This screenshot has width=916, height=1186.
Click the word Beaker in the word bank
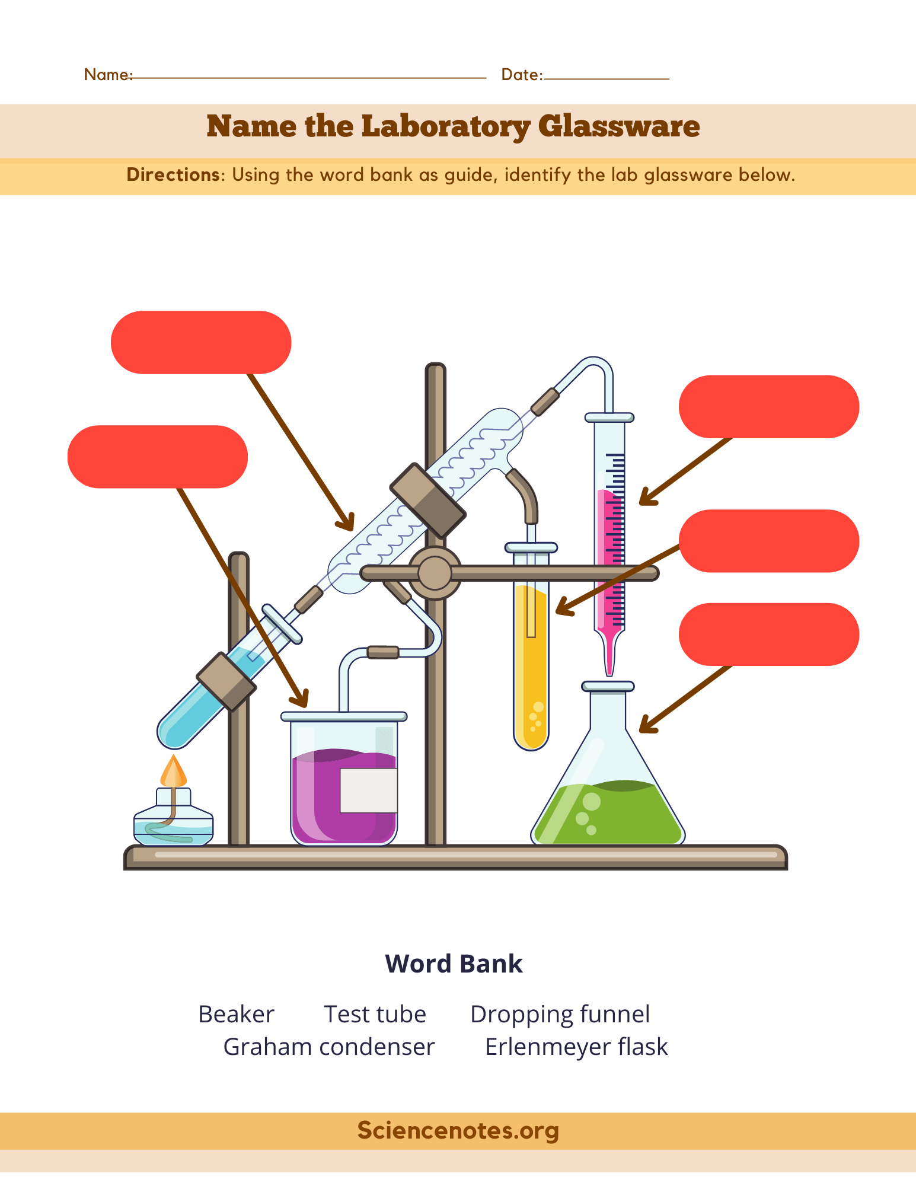(x=236, y=1014)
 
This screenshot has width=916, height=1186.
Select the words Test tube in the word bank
(x=375, y=1014)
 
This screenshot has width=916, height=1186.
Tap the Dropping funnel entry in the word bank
(x=560, y=1014)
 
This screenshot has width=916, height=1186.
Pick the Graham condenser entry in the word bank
(x=328, y=1047)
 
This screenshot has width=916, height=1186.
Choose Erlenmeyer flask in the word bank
(x=576, y=1047)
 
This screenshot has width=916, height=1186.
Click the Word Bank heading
(x=454, y=964)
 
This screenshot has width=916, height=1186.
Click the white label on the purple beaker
(x=368, y=790)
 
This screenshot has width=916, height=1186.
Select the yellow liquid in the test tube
(x=531, y=670)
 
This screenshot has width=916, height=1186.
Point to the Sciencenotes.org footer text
(x=458, y=1130)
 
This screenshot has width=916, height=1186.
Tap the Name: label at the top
(x=107, y=74)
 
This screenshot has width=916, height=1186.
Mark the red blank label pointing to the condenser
(x=201, y=342)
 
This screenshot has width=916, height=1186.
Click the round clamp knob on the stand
(x=435, y=573)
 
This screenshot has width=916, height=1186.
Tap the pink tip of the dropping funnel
(x=609, y=658)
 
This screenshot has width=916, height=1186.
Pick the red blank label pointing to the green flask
(x=768, y=635)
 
